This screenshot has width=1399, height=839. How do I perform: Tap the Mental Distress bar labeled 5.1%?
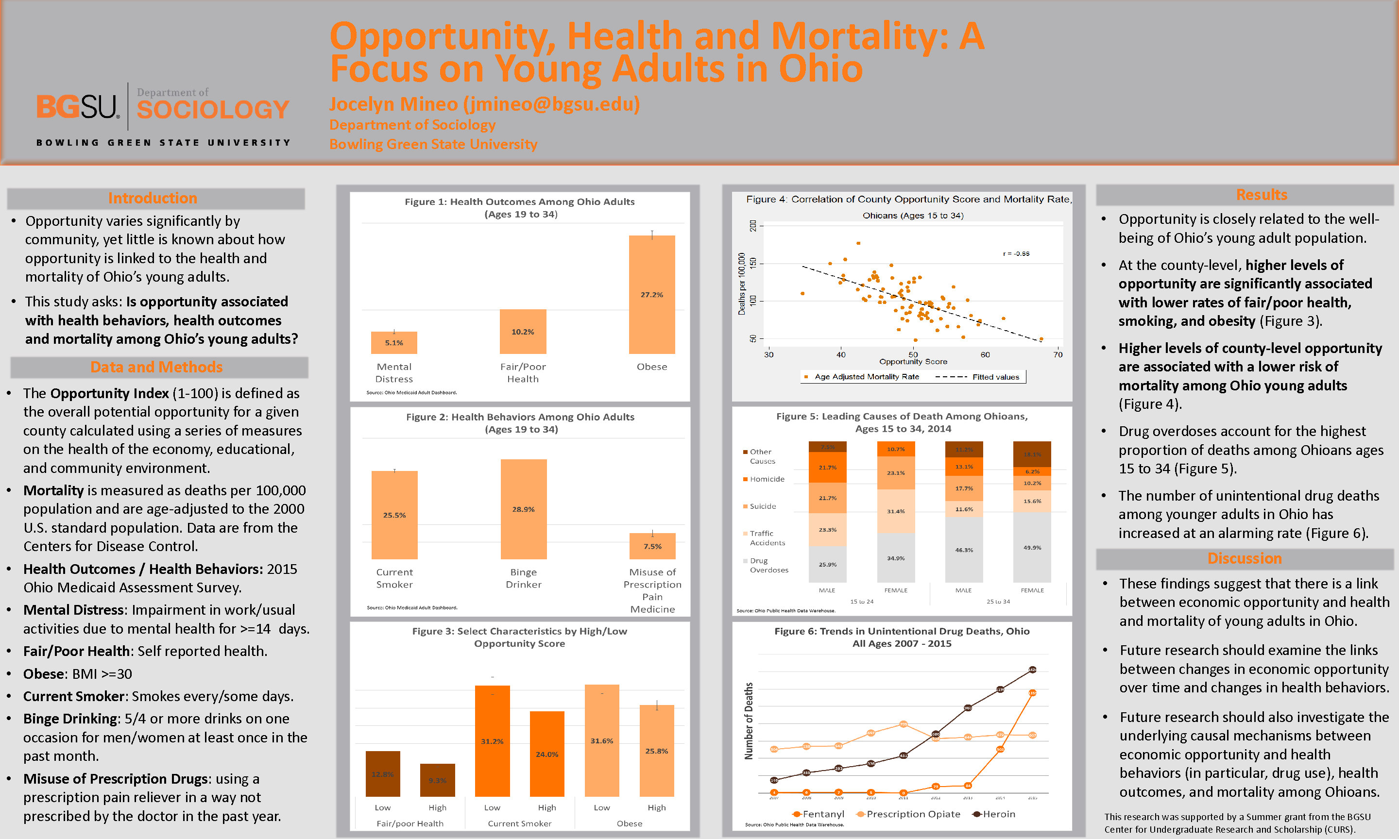point(393,343)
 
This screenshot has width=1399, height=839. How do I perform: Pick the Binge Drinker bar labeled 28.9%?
point(523,509)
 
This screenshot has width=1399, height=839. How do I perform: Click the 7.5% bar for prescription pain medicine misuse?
point(652,546)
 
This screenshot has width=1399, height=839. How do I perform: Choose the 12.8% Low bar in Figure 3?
point(382,773)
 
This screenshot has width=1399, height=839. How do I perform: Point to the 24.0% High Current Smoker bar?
point(547,754)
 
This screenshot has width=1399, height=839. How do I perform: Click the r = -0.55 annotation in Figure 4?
point(1016,254)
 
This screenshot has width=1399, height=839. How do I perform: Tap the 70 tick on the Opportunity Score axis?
point(1058,355)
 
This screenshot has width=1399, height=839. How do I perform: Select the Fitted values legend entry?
point(995,377)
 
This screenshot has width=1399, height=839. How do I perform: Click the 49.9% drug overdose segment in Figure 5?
point(1032,547)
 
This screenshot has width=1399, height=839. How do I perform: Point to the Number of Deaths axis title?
point(749,721)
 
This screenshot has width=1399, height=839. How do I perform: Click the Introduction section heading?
point(153,198)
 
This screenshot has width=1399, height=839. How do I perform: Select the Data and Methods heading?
point(156,367)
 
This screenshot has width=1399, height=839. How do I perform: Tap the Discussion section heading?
point(1244,558)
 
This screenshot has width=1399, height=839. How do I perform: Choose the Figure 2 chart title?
point(520,423)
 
